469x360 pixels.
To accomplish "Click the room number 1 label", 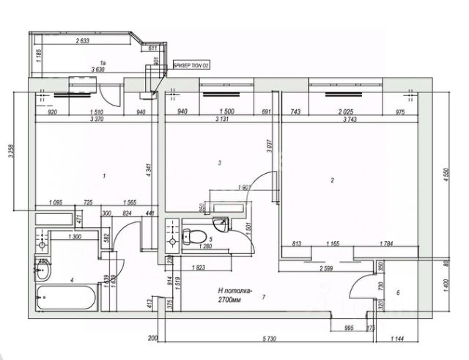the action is coord(106,176).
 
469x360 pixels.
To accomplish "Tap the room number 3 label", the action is coord(219,162).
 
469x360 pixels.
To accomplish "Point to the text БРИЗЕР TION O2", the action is coord(191,65).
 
